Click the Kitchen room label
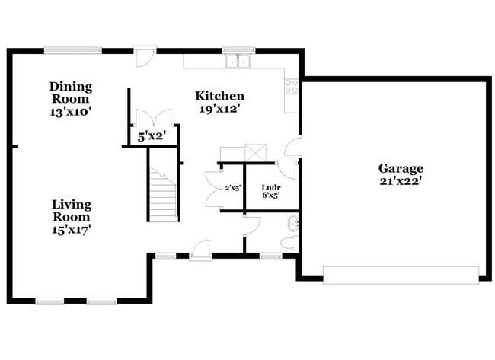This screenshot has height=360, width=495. coord(219,96)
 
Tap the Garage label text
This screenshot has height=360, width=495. coord(401,168)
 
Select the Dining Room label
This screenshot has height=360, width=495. coord(70,92)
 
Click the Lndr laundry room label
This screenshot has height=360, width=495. coord(270,186)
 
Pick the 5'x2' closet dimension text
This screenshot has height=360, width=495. coord(151,138)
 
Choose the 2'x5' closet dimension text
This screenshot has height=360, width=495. coord(232,188)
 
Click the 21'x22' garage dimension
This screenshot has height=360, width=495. coord(401,181)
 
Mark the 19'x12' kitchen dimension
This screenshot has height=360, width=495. coord(219,110)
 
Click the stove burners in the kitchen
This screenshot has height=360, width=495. coord(292,86)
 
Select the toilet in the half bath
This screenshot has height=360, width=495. coord(288,243)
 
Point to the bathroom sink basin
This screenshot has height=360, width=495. coord(293,224)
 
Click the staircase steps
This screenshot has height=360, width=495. coord(163,196)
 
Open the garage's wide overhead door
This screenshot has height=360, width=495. coord(401,275)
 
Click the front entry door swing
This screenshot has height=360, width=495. coord(200,249)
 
